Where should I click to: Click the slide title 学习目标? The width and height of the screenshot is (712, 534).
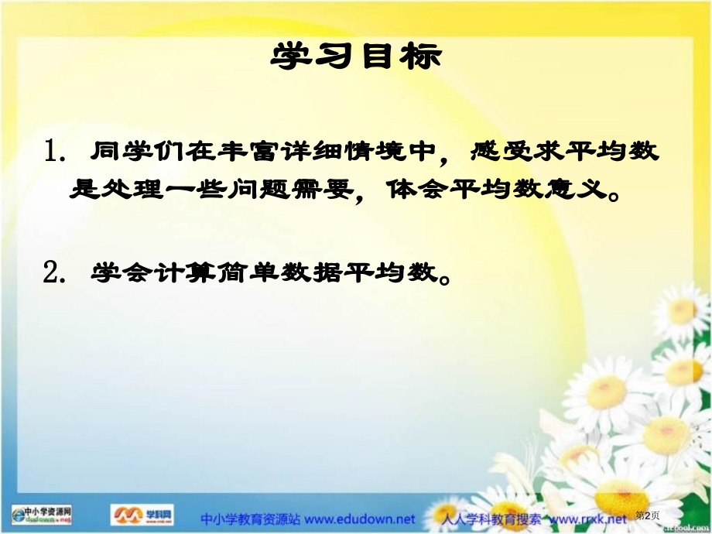point(356,56)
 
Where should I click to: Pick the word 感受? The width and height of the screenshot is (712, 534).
point(501,151)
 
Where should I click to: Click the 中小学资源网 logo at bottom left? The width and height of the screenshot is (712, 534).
point(43,515)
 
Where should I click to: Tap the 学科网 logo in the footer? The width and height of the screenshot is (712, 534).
point(144,515)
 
